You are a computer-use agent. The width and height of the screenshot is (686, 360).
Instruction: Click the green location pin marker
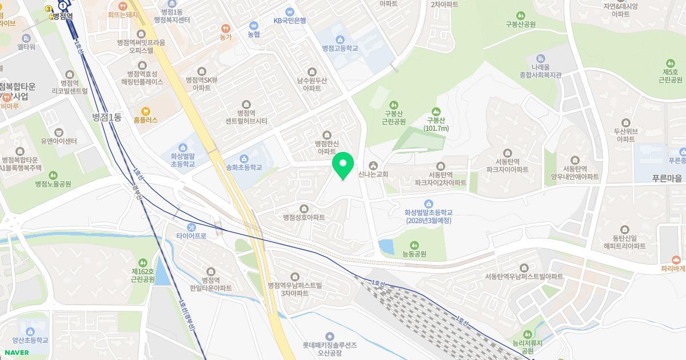343,166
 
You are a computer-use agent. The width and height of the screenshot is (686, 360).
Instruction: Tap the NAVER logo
17,353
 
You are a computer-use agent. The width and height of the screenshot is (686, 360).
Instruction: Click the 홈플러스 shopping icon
145,111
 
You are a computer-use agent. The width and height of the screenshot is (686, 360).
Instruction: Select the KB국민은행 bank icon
289,11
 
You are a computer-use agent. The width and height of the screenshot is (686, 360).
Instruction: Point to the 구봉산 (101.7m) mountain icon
436,111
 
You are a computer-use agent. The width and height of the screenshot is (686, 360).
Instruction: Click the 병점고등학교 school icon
340,39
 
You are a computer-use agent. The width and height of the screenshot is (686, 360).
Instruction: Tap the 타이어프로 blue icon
192,226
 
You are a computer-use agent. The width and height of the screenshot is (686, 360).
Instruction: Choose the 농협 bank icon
254,25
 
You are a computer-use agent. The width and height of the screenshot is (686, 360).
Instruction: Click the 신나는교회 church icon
373,166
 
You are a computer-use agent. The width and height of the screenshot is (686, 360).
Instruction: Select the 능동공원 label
414,254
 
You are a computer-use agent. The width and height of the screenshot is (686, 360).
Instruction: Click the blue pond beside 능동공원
386,247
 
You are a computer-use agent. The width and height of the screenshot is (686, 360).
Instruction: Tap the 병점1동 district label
107,118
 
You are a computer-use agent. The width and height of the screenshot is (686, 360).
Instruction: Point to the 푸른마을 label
667,178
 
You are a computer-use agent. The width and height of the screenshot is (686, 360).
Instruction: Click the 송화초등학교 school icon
244,158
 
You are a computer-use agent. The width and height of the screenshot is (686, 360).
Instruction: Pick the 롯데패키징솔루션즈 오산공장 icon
329,337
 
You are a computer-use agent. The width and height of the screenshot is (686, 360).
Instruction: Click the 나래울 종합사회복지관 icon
541,58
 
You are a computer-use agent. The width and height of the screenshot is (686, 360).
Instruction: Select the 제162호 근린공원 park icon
143,262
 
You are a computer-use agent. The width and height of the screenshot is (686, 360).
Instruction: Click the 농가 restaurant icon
226,28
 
